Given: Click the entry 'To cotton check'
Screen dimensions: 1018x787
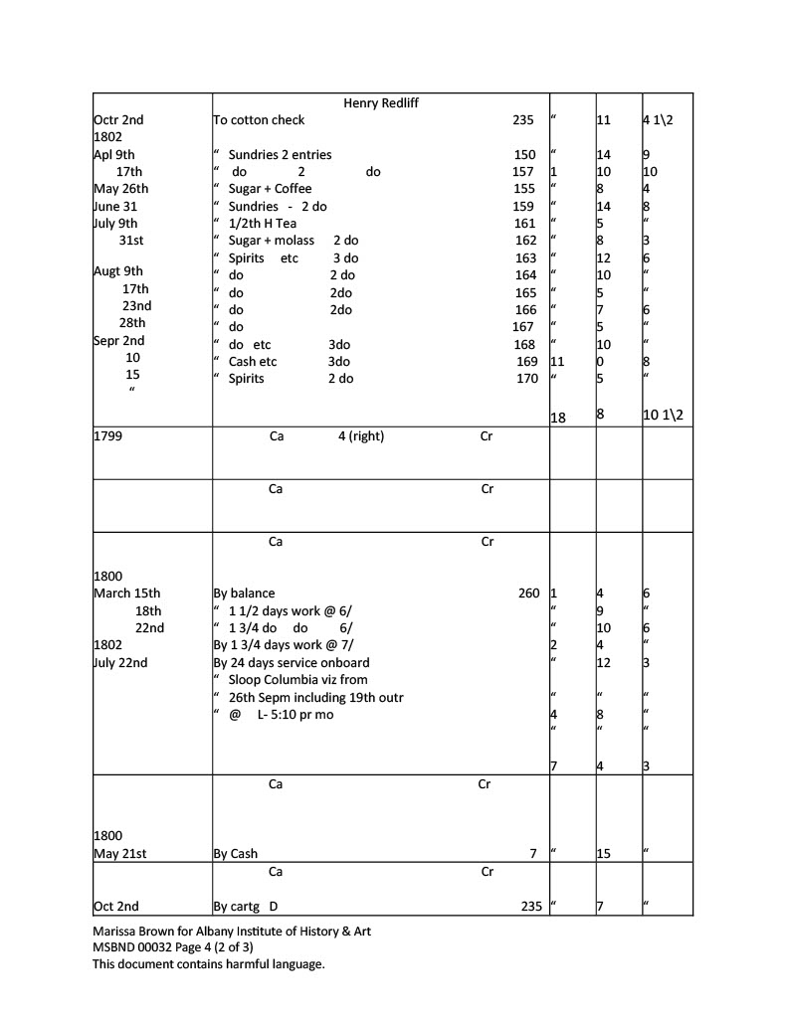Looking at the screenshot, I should pos(260,120).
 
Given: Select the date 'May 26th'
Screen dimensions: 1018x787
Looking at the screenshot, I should pos(120,189).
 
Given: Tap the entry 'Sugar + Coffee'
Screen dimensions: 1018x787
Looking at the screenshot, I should pos(270,189).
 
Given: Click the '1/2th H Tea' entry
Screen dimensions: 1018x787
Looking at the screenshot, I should pos(262,224).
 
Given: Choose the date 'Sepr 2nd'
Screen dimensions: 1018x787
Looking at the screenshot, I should pos(118,344).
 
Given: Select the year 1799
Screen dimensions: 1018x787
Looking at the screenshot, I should pos(107,436).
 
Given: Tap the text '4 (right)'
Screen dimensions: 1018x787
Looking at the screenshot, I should pos(361,436).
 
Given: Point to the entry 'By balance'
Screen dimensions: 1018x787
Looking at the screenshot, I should pos(245,594).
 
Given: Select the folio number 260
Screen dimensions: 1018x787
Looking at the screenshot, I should pos(528,594).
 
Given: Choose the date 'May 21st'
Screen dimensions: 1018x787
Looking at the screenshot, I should pos(119,854).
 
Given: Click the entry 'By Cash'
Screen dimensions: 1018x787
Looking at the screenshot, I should pos(236,854).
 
